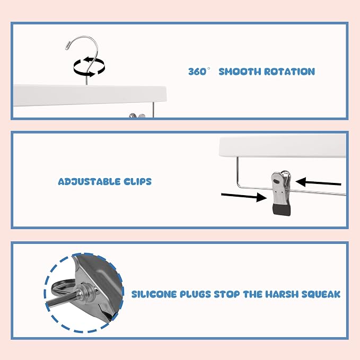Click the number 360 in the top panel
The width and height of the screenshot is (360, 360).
tap(197, 72)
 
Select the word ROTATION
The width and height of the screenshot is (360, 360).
tap(289, 72)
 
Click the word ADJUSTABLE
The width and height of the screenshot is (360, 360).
tap(89, 182)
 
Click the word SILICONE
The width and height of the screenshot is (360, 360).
tap(154, 294)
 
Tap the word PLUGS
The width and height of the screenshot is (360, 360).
tap(196, 294)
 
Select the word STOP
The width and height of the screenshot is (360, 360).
tap(227, 294)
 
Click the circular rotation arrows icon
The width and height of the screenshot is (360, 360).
tap(89, 67)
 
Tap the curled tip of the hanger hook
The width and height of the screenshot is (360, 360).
tap(68, 46)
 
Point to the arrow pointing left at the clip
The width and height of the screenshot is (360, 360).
tap(318, 182)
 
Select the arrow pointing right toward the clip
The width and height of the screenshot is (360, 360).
tap(243, 197)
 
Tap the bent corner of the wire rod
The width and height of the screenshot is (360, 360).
tap(239, 186)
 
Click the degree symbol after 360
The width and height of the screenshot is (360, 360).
tap(208, 68)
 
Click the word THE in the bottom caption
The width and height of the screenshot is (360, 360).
tap(252, 294)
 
